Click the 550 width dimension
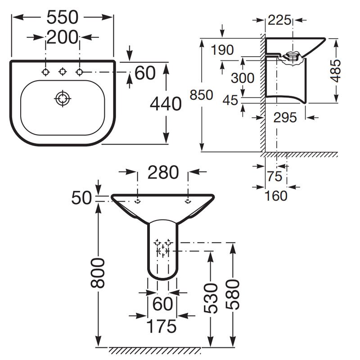pos(63,17)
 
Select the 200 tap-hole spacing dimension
pos(63,37)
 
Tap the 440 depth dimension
pos(166,104)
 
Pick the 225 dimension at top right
pos(279,20)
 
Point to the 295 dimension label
pos(285,117)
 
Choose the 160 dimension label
pos(275,196)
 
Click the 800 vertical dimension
pos(98,273)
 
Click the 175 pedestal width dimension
pos(162,326)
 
